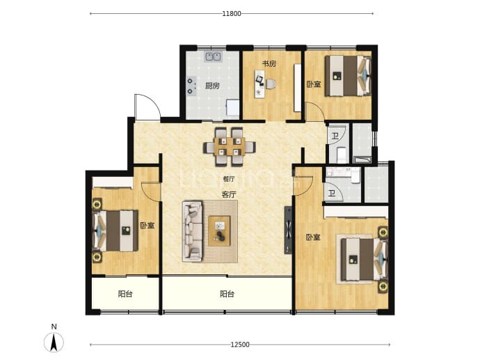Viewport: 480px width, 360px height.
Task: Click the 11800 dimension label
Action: (x=232, y=13)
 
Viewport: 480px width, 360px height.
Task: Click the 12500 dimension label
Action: (x=240, y=345)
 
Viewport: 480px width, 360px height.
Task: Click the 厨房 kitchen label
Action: (x=212, y=86)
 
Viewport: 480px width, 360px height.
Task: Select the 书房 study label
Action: (x=269, y=64)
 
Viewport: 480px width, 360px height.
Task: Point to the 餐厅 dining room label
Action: (x=229, y=179)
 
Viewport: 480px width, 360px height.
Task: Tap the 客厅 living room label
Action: (x=229, y=194)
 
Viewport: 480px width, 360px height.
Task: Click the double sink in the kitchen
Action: (x=213, y=56)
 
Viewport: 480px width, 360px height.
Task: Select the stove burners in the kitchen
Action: (x=191, y=86)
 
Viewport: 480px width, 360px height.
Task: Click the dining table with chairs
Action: (x=230, y=147)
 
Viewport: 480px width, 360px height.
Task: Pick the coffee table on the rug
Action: (x=219, y=231)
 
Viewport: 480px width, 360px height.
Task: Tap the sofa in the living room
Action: (x=192, y=231)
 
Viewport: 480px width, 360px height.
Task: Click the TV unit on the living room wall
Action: (x=289, y=230)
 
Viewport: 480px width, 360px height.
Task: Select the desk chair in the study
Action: (x=271, y=84)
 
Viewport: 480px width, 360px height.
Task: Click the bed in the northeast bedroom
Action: (x=348, y=76)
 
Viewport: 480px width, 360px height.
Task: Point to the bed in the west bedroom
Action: (x=115, y=230)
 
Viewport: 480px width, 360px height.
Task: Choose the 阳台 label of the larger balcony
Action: (x=227, y=294)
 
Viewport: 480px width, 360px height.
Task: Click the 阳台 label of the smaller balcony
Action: (x=125, y=294)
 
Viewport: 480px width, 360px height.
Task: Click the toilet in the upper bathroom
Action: (x=341, y=155)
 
